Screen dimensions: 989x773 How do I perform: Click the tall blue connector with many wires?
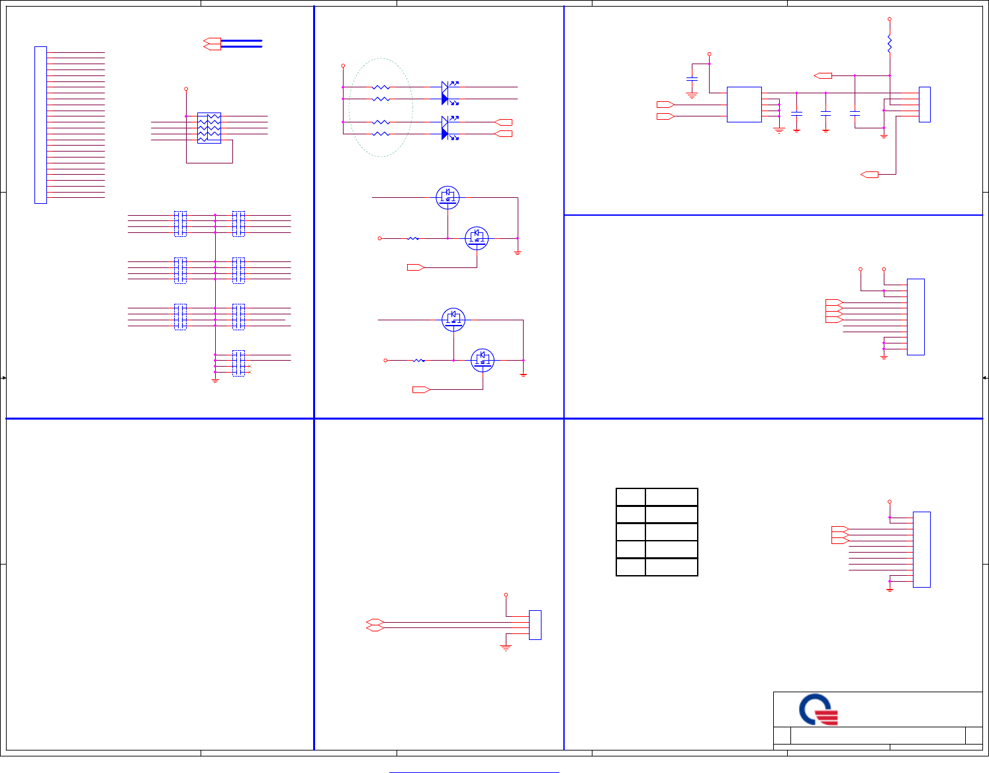(x=40, y=125)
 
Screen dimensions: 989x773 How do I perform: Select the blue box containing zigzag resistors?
(x=209, y=128)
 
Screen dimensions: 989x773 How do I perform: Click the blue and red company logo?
(x=819, y=709)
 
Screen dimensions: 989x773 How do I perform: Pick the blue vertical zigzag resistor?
(x=889, y=44)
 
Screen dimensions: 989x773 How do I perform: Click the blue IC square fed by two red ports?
(x=744, y=105)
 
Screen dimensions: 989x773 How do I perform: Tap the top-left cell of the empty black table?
(x=631, y=497)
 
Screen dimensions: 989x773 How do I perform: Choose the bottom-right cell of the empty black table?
(x=671, y=567)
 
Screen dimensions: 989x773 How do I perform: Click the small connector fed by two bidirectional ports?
(x=535, y=625)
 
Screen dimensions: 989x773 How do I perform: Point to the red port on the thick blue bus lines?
(x=212, y=44)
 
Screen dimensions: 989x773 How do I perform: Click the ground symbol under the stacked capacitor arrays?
(x=215, y=381)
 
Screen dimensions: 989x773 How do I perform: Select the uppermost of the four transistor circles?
(x=448, y=197)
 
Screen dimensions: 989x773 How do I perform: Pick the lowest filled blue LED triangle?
(x=446, y=134)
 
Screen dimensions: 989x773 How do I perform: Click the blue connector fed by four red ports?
(x=916, y=317)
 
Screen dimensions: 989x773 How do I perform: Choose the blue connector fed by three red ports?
(x=921, y=549)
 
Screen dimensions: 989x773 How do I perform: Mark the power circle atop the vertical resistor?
(x=889, y=20)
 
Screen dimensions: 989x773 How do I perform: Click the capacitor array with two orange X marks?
(x=238, y=363)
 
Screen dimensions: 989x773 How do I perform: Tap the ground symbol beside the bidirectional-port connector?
(x=506, y=648)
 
